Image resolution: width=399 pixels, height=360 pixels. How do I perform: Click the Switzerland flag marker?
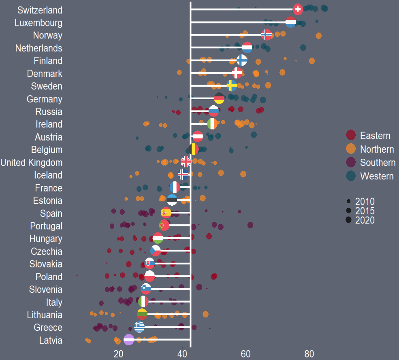[298, 9]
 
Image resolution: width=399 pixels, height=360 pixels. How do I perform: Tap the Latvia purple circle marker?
[129, 340]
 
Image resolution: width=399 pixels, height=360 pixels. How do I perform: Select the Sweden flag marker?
[232, 86]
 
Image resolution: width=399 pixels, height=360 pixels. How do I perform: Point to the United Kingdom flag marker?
[186, 162]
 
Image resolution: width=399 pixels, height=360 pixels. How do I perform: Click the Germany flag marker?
[219, 98]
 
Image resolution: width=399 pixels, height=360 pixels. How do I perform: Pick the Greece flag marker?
[139, 327]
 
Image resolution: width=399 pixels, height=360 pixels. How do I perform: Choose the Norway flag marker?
[266, 35]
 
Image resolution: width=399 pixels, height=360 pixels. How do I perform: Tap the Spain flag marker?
[166, 213]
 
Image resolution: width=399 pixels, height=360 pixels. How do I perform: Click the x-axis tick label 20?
[118, 354]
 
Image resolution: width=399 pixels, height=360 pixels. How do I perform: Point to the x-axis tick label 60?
[245, 354]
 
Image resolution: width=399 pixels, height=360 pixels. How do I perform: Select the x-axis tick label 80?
[309, 354]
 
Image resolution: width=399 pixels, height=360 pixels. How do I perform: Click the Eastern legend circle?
[351, 136]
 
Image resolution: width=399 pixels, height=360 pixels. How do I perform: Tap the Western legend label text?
[377, 176]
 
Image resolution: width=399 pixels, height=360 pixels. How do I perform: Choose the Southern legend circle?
[351, 162]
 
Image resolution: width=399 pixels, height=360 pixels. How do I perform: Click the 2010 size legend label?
[365, 202]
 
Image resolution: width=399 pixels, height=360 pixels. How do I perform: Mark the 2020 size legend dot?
[348, 220]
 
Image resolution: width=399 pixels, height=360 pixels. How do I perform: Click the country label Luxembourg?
[38, 23]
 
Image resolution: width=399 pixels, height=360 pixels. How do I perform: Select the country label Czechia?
[47, 251]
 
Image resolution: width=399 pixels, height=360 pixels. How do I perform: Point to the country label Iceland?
[49, 175]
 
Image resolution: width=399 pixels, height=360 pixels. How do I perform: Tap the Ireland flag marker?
[212, 124]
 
